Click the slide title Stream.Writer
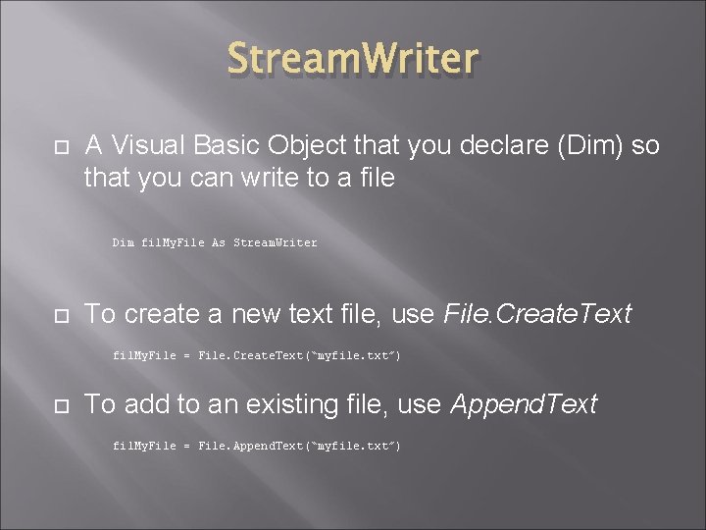click(353, 59)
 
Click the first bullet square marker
click(57, 147)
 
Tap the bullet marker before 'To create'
click(57, 316)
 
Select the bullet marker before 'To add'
click(57, 405)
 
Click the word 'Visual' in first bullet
click(146, 146)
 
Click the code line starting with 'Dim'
click(215, 242)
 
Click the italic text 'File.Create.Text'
click(537, 315)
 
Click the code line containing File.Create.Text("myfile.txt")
click(257, 355)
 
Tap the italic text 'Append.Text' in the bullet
click(523, 404)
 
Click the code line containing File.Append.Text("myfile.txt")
click(257, 446)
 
